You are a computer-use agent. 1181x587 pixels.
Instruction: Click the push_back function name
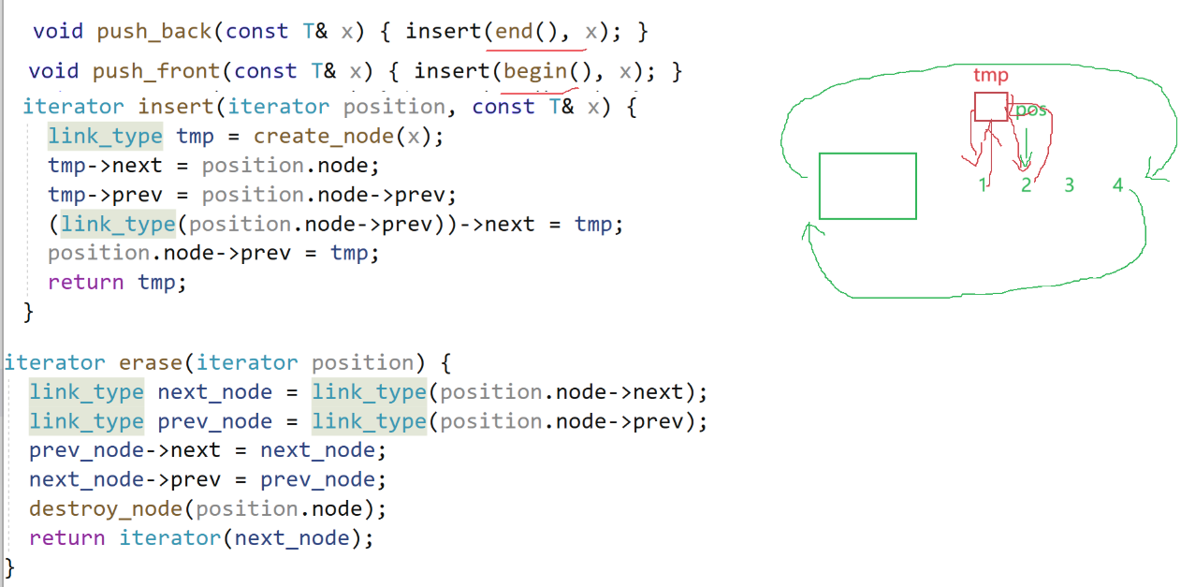coord(154,32)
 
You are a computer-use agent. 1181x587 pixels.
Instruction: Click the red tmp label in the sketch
coord(990,76)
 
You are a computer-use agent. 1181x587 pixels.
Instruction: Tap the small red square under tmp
coord(991,107)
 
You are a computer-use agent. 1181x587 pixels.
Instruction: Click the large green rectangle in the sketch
coord(868,186)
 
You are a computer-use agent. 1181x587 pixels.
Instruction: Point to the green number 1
coord(983,185)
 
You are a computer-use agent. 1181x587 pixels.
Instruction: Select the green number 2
coord(1026,185)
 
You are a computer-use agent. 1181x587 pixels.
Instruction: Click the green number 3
coord(1069,185)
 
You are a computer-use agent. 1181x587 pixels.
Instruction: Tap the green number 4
coord(1117,185)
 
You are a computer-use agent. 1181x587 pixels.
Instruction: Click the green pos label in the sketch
coord(1030,110)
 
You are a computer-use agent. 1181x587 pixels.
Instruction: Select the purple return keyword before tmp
coord(85,283)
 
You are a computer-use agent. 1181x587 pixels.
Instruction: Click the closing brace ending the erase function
coord(10,566)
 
